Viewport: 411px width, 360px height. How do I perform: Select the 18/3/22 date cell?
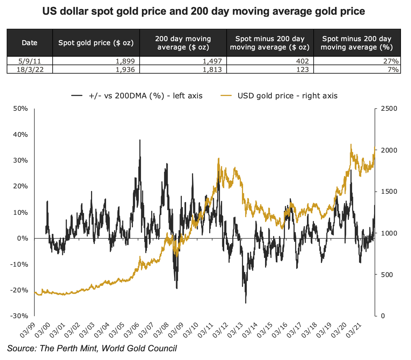[x=30, y=70]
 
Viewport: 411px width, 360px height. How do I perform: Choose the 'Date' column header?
[x=29, y=43]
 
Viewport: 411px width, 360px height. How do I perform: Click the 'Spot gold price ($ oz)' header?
[x=96, y=43]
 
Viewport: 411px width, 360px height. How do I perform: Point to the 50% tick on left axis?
[x=21, y=109]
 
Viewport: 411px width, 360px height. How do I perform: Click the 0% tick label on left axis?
[x=23, y=238]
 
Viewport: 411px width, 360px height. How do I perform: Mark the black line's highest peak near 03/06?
[x=140, y=140]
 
